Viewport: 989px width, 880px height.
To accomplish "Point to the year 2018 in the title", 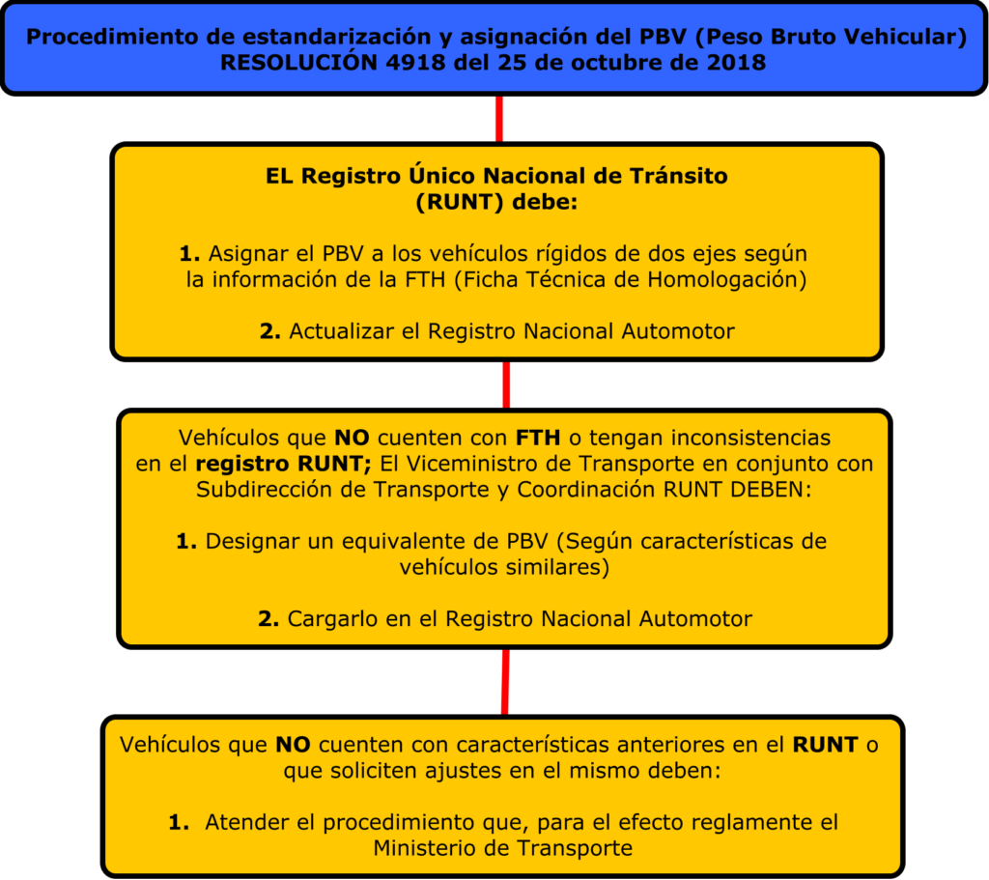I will [x=738, y=63].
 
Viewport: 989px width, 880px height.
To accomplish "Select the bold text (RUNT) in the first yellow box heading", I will [x=457, y=202].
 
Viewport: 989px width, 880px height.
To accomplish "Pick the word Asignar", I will [x=247, y=254].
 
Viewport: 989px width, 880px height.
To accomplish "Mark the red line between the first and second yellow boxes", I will [x=505, y=384].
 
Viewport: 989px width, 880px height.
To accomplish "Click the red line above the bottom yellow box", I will [x=504, y=681].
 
